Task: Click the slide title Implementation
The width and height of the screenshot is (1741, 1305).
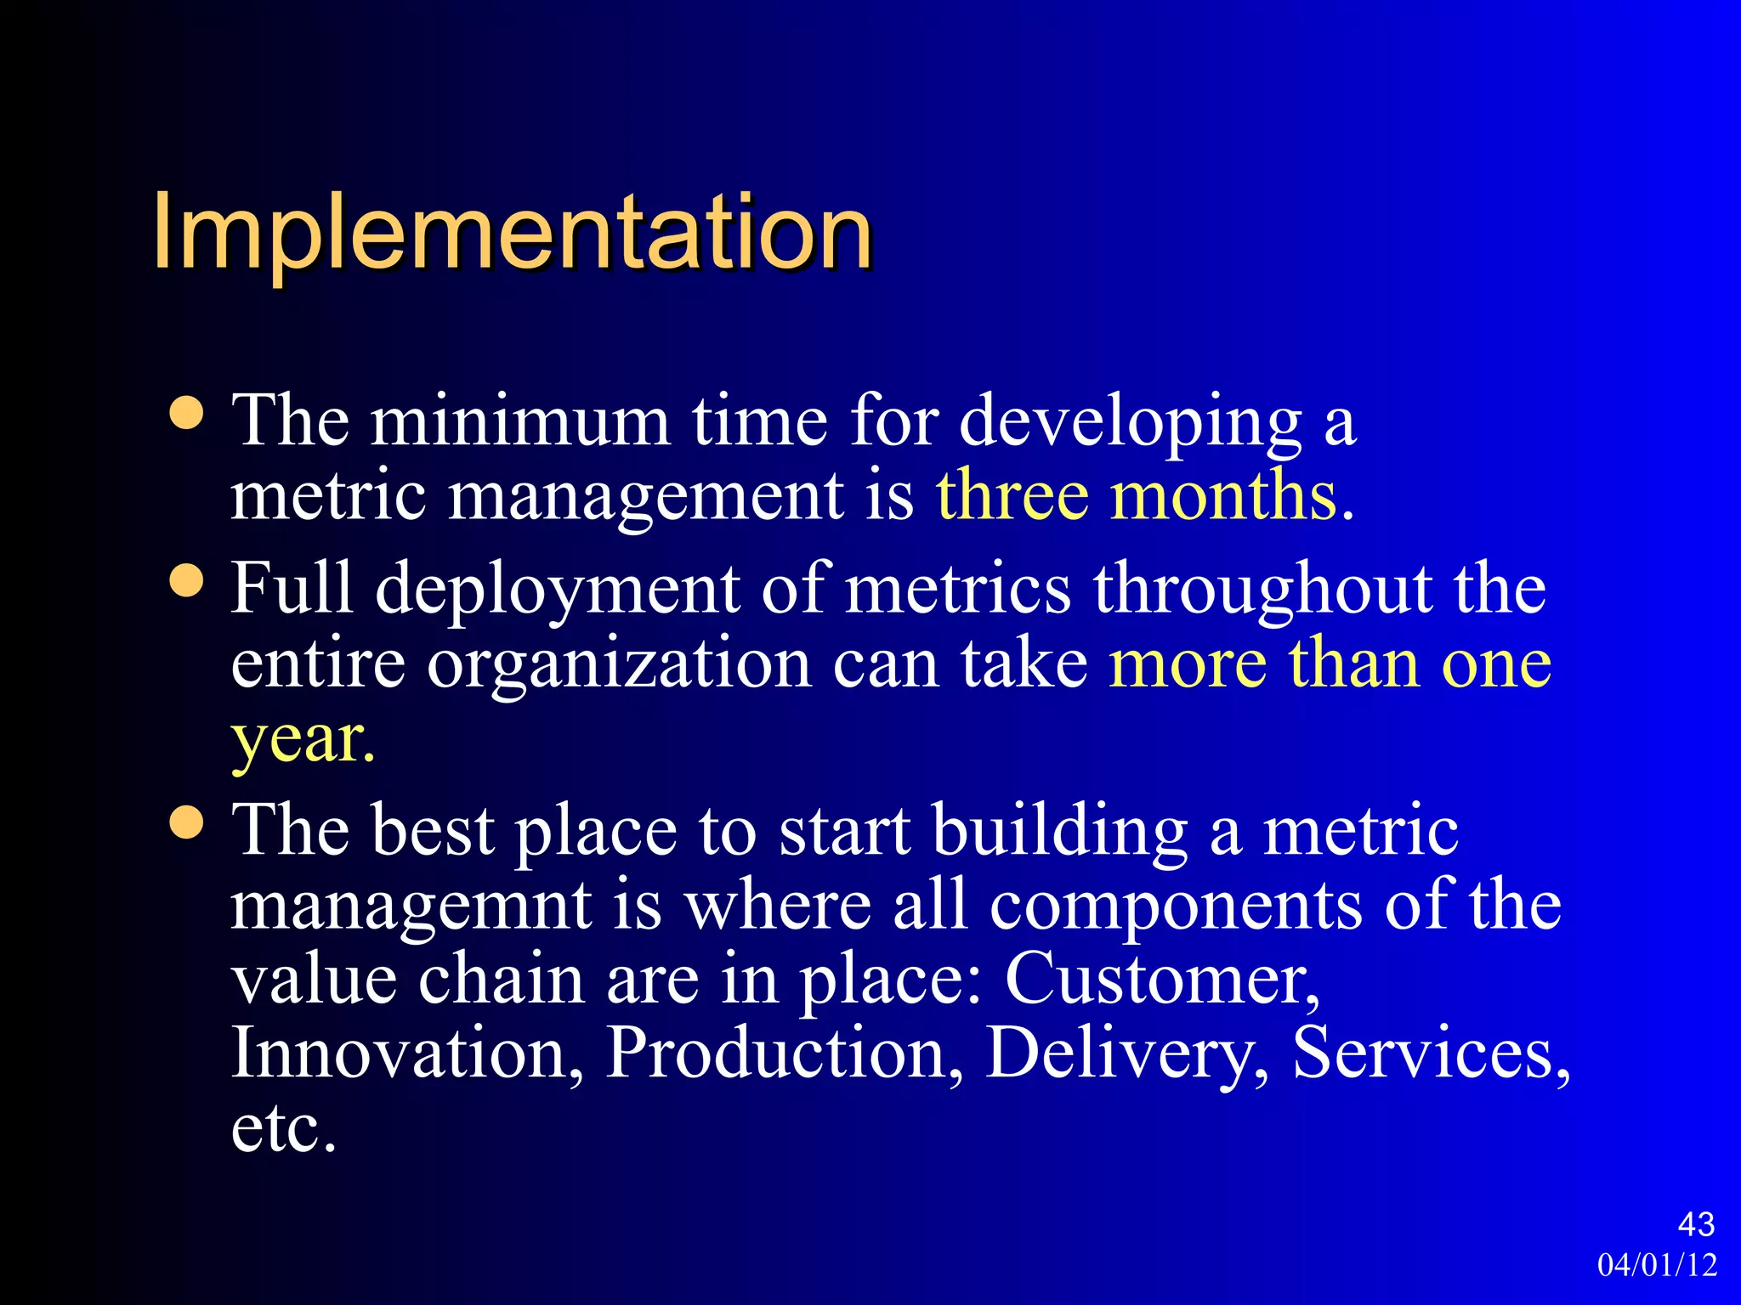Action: [x=513, y=231]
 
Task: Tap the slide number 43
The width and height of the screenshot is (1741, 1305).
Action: [x=1696, y=1224]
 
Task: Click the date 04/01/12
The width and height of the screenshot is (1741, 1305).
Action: [x=1657, y=1265]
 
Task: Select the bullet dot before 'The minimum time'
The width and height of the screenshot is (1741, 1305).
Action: [x=187, y=414]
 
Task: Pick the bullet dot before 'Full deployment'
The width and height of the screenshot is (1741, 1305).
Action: [x=187, y=581]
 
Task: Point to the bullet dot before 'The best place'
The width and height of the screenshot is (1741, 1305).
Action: [x=187, y=822]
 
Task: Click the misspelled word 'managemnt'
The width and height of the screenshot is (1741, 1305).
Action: [x=411, y=906]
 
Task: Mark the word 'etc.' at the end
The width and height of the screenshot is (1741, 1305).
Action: [x=284, y=1128]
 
